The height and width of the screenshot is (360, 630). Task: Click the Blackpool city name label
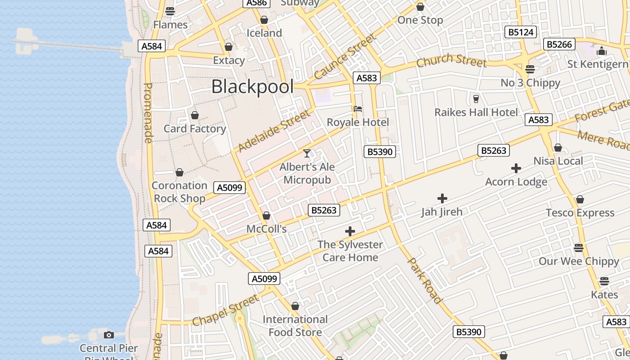click(x=252, y=87)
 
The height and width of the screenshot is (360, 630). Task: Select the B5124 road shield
click(x=521, y=32)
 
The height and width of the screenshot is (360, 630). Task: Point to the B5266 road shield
click(x=559, y=44)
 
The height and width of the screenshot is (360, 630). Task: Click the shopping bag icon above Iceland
click(x=264, y=20)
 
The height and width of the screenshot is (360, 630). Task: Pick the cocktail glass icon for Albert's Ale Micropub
click(x=307, y=153)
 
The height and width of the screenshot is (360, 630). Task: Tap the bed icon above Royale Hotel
click(x=358, y=108)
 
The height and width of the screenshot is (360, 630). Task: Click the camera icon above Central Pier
click(x=109, y=335)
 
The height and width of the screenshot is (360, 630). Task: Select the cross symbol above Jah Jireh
click(x=442, y=198)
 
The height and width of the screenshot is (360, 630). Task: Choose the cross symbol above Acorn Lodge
click(x=516, y=168)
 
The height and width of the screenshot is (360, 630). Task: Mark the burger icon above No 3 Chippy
click(x=530, y=69)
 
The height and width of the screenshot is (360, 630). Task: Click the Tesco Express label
click(x=580, y=212)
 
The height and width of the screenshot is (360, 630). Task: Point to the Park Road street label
click(x=424, y=280)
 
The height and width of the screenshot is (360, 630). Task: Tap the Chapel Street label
click(x=226, y=310)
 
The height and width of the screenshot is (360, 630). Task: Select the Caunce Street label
click(x=345, y=57)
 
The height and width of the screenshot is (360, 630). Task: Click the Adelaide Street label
click(x=274, y=130)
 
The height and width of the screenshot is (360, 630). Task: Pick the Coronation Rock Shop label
click(x=179, y=192)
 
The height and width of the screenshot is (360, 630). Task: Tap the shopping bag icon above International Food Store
click(x=295, y=306)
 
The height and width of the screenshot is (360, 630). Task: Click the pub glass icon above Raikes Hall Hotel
click(x=476, y=99)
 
